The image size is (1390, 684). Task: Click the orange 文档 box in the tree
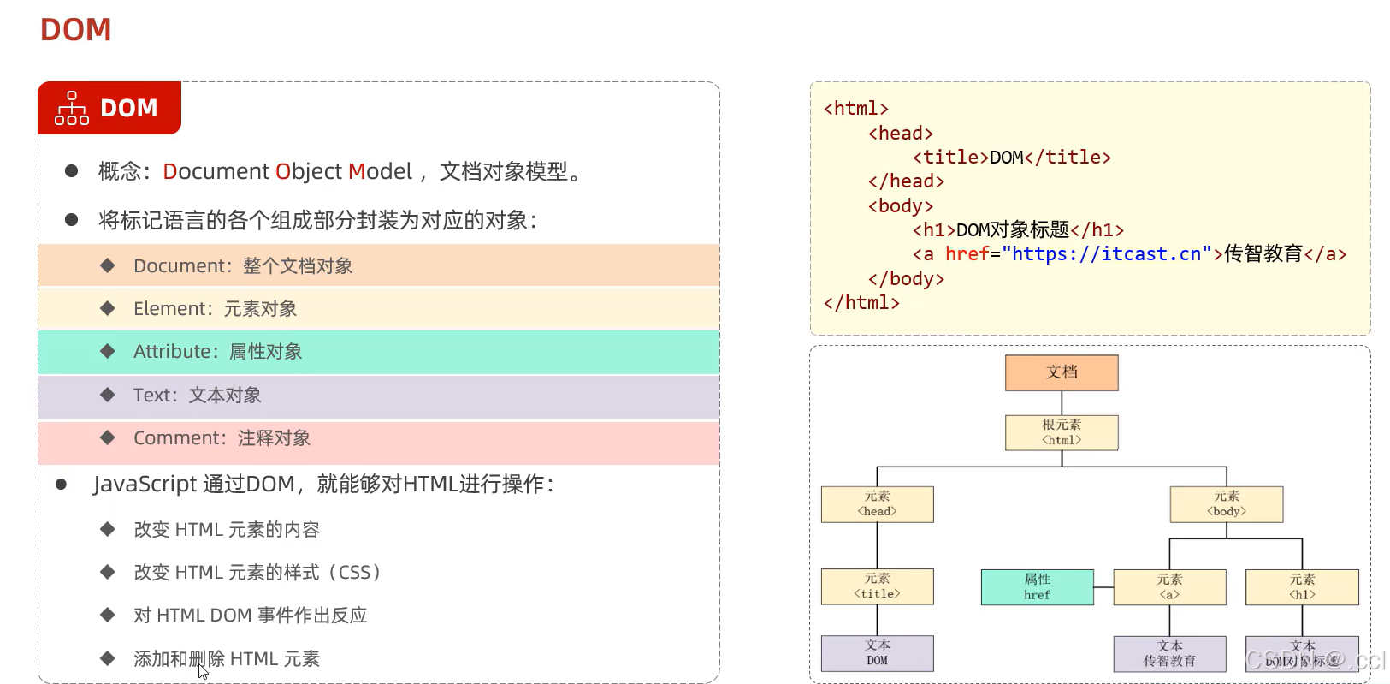[x=1062, y=372]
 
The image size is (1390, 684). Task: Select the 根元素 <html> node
[x=1062, y=432]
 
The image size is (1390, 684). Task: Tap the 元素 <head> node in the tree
[x=877, y=504]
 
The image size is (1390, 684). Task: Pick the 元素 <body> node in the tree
[x=1226, y=504]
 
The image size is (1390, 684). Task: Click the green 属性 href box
[x=1037, y=587]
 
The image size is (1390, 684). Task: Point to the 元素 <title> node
[x=877, y=586]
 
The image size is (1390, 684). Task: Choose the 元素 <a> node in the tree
[x=1169, y=587]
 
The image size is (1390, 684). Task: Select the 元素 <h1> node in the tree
[x=1302, y=587]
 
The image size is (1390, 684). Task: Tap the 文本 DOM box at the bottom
[x=877, y=653]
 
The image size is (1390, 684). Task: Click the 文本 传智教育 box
[x=1169, y=654]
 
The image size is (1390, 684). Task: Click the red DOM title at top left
[x=76, y=30]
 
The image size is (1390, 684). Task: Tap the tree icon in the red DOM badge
[x=72, y=109]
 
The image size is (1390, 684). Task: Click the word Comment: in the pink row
[x=180, y=438]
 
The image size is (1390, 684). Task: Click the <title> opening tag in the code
[x=949, y=158]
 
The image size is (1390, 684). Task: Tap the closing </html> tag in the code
[x=861, y=303]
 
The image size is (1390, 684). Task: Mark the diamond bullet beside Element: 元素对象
[x=108, y=308]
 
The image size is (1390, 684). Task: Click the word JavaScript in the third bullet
[x=145, y=485]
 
